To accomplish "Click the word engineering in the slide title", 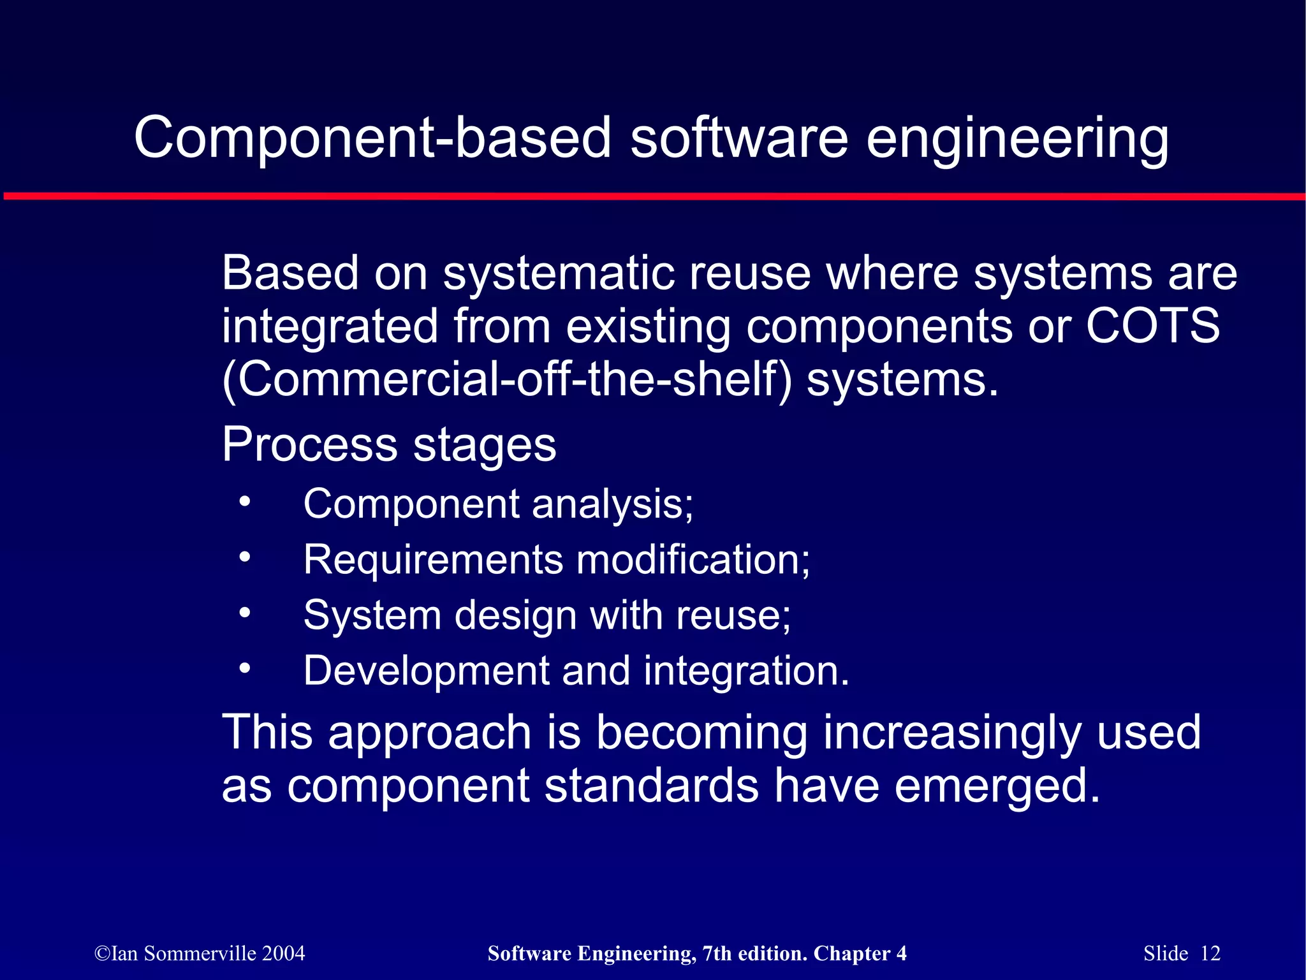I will (1017, 139).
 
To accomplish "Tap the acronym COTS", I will (1153, 326).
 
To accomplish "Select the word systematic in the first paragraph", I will (559, 273).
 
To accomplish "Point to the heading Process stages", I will (389, 444).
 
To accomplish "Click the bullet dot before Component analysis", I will (245, 502).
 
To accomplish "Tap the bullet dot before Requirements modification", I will (245, 558).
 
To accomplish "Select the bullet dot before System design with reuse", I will (245, 613).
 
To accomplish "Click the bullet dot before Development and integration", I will (245, 669).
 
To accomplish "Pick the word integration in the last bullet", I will (746, 671).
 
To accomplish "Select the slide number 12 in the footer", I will (1210, 953).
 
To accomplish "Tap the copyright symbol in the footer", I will (102, 954).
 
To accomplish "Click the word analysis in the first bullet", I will (612, 504).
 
